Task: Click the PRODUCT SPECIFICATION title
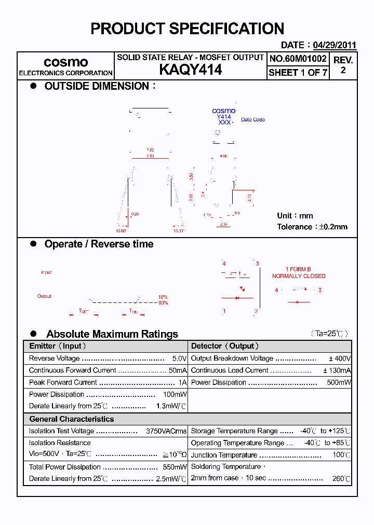click(187, 29)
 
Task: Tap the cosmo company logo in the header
click(65, 62)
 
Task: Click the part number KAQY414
click(190, 70)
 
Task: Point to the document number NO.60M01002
click(298, 59)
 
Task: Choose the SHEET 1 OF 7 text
click(298, 73)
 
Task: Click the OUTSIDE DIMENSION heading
click(97, 86)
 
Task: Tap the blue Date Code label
click(253, 120)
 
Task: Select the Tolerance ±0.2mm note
click(312, 227)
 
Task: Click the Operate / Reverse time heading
click(99, 244)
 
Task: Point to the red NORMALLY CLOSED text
click(299, 276)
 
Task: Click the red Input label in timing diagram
click(46, 272)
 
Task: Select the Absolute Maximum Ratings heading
click(112, 334)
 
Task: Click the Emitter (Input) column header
click(58, 346)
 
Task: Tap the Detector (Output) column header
click(225, 346)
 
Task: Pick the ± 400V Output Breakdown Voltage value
click(340, 358)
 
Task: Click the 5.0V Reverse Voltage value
click(179, 358)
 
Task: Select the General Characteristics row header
click(71, 419)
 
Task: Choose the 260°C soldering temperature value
click(341, 479)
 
